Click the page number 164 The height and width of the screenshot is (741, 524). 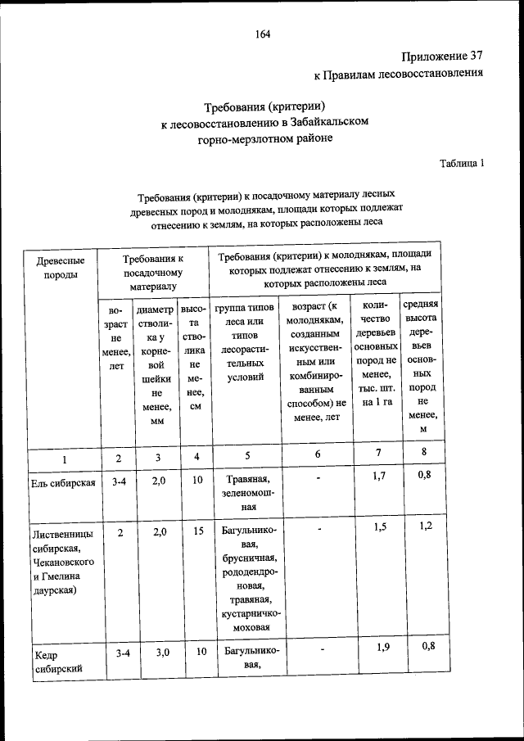click(x=262, y=34)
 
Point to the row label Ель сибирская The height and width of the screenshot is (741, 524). click(x=63, y=482)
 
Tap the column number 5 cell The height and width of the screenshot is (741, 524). click(x=245, y=458)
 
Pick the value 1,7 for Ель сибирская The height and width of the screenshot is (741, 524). click(x=378, y=477)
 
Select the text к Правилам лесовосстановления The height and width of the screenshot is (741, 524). click(x=399, y=75)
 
